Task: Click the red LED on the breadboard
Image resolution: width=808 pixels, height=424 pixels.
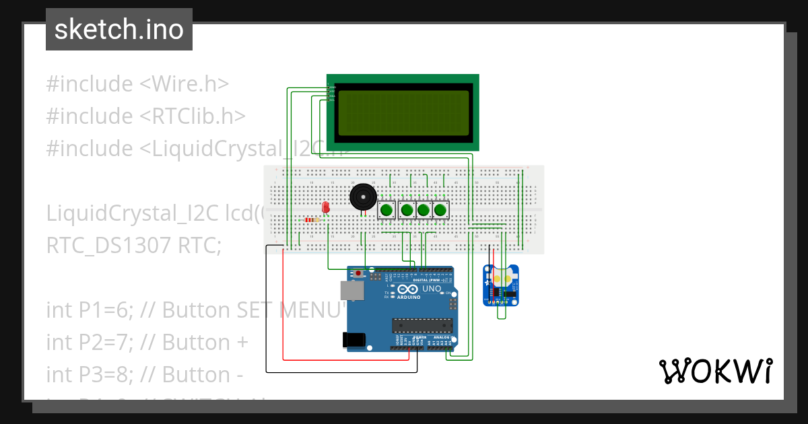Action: pos(326,207)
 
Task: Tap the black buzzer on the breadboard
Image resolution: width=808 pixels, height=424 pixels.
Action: pos(363,197)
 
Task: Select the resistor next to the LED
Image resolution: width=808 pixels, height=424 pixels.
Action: pos(311,219)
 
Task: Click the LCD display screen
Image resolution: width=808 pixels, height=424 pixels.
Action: pos(403,112)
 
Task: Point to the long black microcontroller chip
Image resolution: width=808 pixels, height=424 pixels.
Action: pos(422,326)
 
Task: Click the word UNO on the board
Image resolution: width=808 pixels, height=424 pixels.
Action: pos(432,289)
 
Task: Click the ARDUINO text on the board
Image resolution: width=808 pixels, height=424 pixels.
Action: pos(408,297)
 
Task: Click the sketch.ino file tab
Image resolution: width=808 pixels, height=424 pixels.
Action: pos(119,30)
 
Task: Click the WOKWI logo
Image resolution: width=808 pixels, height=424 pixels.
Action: pos(715,371)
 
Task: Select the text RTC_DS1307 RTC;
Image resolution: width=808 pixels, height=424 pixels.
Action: pos(133,246)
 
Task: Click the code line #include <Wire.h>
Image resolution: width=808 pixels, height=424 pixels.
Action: pos(137,84)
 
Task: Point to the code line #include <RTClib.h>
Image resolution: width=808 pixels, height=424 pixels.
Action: pos(145,116)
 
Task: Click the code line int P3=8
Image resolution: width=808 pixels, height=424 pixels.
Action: pos(144,374)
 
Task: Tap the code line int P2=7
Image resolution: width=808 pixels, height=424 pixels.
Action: pos(147,342)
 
